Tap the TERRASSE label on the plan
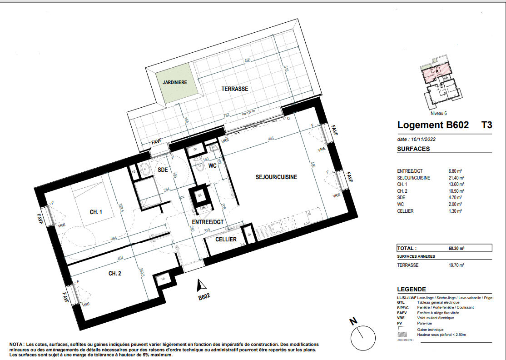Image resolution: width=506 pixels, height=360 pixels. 235,89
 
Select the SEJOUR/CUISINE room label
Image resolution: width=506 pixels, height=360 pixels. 276,177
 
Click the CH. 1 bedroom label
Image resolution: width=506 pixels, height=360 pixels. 96,212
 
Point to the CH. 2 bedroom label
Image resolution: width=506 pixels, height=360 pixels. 114,274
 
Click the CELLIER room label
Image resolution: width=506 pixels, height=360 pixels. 226,239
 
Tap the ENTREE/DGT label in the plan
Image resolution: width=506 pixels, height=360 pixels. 208,222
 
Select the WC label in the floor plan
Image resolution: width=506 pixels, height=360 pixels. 212,166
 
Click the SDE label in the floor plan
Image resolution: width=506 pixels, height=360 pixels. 163,170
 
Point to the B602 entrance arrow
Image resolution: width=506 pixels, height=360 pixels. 199,286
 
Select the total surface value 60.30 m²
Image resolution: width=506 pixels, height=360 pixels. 456,249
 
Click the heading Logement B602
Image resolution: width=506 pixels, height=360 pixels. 433,125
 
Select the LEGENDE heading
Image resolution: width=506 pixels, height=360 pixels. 412,289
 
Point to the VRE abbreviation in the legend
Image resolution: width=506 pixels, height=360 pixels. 401,318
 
